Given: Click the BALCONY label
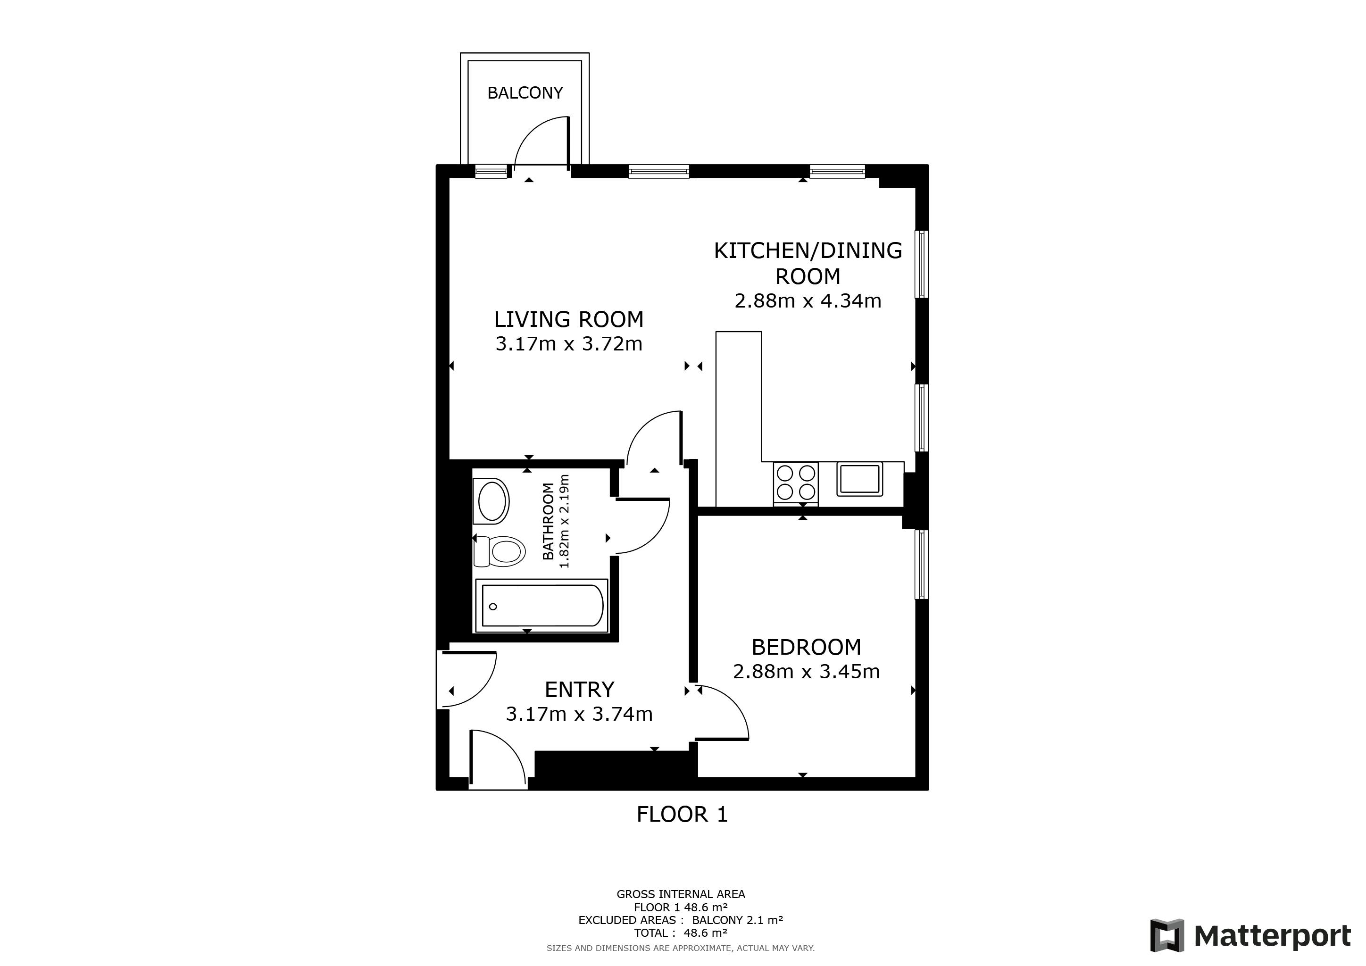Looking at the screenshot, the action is [x=525, y=93].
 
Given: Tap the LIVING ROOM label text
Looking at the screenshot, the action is [x=569, y=319].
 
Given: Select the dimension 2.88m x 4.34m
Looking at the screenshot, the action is [x=808, y=301].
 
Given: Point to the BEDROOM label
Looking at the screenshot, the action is [x=806, y=647].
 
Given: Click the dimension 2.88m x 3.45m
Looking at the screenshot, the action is [x=806, y=672].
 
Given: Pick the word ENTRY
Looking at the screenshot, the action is [x=580, y=690].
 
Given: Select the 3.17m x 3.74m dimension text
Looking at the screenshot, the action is [x=580, y=714].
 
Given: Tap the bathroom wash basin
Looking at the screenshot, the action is [x=491, y=501].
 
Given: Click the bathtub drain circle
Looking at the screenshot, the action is [x=492, y=607].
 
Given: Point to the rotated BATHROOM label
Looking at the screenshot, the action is [x=548, y=521].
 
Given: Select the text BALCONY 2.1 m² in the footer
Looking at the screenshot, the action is [x=737, y=920].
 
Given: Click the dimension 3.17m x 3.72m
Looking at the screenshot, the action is [x=569, y=344].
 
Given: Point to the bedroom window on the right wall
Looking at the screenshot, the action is [x=921, y=564].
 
